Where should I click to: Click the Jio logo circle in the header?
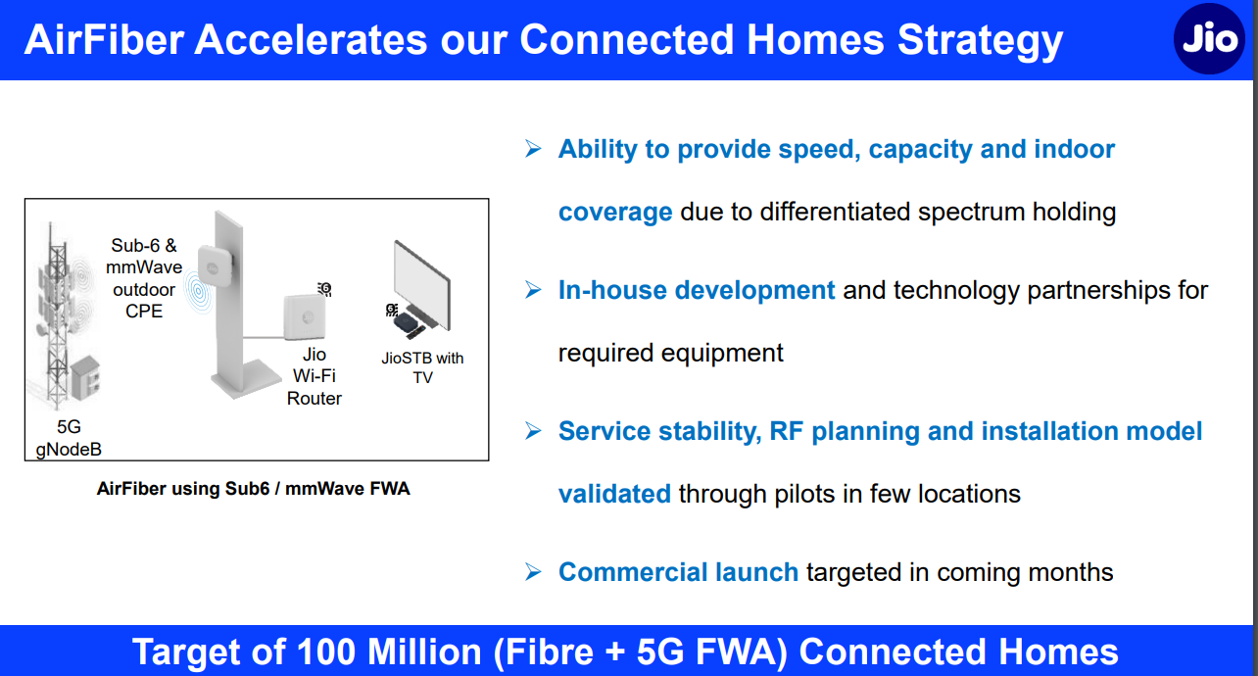(x=1209, y=39)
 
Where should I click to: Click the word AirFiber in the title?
(x=105, y=40)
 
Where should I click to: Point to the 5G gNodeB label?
(x=69, y=438)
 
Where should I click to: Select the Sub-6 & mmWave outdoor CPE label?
(x=144, y=278)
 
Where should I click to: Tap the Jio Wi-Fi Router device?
(x=305, y=317)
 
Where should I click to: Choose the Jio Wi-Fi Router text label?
(x=314, y=376)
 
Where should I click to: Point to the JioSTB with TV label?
(x=422, y=367)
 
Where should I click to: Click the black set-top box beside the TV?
(x=408, y=325)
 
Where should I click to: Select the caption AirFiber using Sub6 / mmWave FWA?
(x=254, y=489)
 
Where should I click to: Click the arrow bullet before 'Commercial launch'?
(x=533, y=571)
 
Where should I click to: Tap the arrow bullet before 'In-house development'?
(x=533, y=290)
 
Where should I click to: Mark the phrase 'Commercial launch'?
(x=678, y=572)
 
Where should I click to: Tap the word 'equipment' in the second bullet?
(x=722, y=354)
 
